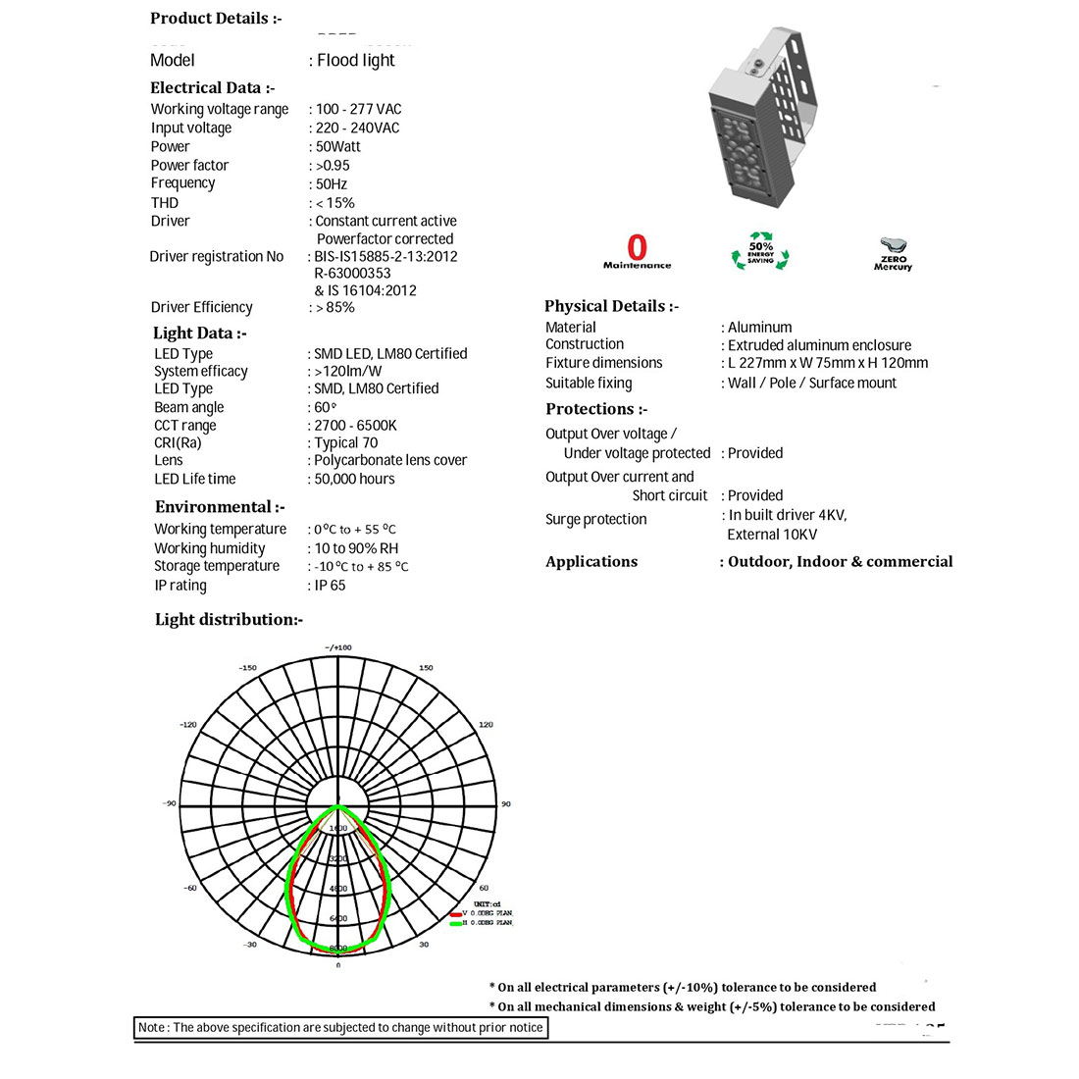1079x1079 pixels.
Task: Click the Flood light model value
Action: (355, 61)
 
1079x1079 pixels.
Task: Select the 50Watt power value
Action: (338, 147)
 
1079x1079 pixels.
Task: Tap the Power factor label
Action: (189, 166)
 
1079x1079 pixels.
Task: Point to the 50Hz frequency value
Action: (332, 184)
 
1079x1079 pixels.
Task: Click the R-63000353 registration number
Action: (352, 274)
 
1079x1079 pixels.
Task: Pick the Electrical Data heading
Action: (212, 88)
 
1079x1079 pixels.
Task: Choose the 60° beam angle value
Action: (325, 408)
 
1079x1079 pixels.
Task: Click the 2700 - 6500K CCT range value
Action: (355, 426)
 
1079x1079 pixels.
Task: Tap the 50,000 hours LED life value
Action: (354, 480)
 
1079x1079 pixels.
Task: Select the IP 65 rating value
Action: (330, 586)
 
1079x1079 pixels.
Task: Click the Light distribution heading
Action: (229, 620)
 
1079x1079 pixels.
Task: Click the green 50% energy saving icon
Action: (760, 252)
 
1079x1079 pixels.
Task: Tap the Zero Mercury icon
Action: (893, 253)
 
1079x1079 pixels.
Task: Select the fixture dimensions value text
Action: (828, 363)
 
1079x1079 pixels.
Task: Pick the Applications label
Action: (591, 562)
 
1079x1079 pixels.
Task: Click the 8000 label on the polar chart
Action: (337, 949)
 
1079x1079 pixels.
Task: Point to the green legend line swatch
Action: (456, 923)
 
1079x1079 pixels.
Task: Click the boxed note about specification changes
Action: (339, 1028)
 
